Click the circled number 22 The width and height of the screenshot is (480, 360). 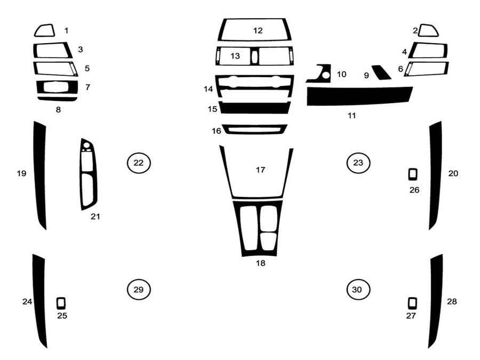pyautogui.click(x=139, y=163)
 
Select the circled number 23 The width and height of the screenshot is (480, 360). pyautogui.click(x=358, y=163)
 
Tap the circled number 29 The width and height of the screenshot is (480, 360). pyautogui.click(x=139, y=290)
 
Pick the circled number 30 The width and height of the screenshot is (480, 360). pyautogui.click(x=357, y=290)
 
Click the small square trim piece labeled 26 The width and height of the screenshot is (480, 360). pyautogui.click(x=413, y=174)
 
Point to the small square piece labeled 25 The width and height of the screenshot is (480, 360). pyautogui.click(x=61, y=303)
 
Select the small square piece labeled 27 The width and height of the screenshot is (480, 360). pyautogui.click(x=412, y=303)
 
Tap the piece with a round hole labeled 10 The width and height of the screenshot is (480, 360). pyautogui.click(x=319, y=74)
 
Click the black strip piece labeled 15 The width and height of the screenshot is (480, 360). pyautogui.click(x=255, y=108)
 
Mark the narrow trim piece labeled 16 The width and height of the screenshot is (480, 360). pyautogui.click(x=254, y=129)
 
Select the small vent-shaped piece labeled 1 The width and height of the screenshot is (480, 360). pyautogui.click(x=44, y=30)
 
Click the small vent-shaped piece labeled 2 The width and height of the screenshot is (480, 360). pyautogui.click(x=428, y=30)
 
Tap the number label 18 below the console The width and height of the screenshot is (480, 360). pyautogui.click(x=260, y=263)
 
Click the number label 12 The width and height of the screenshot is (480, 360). pyautogui.click(x=258, y=30)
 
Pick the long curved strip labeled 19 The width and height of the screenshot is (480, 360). pyautogui.click(x=40, y=176)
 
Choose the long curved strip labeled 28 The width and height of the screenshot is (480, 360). pyautogui.click(x=436, y=301)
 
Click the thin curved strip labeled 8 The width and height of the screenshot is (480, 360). pyautogui.click(x=58, y=99)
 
